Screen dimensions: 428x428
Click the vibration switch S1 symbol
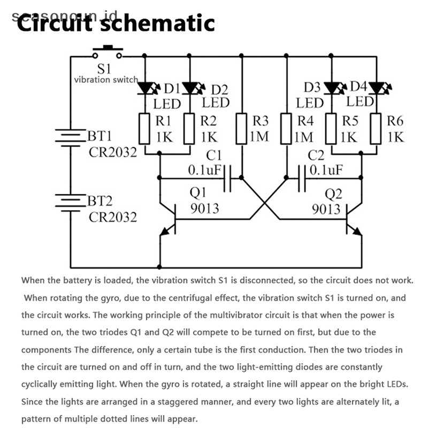(108, 53)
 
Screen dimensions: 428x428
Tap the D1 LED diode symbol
(146, 87)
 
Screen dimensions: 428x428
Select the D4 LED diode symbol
(377, 87)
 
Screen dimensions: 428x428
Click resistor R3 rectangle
(242, 128)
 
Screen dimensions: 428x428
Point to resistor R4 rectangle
(287, 128)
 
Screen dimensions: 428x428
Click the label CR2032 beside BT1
(113, 151)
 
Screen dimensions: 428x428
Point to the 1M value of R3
(259, 137)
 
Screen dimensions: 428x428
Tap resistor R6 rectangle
(377, 128)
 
